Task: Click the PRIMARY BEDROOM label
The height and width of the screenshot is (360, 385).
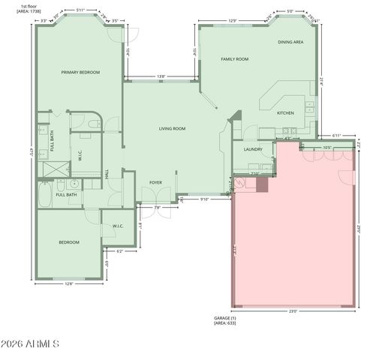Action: pos(80,72)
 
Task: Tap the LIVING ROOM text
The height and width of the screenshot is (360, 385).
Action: pos(172,128)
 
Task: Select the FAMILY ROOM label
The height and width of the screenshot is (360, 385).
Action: pos(234,58)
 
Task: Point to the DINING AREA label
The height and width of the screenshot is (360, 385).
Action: pos(290,43)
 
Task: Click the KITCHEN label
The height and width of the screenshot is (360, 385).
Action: pos(285,112)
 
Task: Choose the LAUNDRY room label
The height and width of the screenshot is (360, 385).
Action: pos(253,149)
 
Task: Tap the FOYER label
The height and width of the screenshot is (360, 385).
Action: pos(155,182)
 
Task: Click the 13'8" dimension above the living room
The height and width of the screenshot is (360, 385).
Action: pos(161,76)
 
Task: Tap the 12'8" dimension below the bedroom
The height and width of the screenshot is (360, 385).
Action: pos(69,283)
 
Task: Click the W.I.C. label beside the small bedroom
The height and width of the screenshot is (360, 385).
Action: pos(118,226)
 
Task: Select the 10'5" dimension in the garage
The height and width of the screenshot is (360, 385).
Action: pos(328,147)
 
